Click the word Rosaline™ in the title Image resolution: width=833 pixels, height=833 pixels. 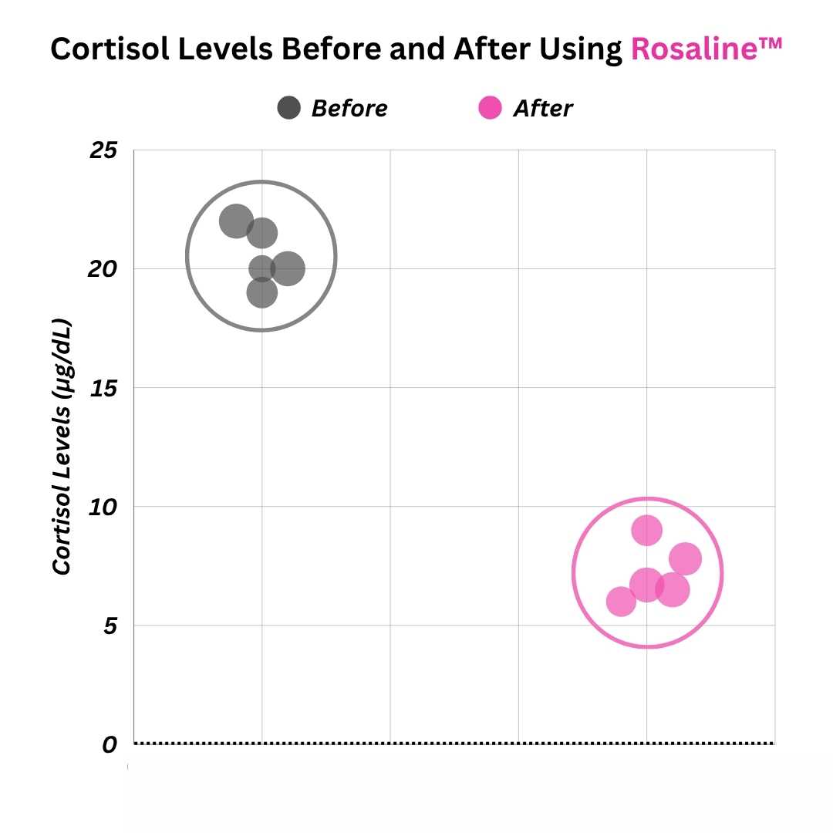[x=707, y=49]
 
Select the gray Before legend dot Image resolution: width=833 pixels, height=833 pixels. [x=288, y=108]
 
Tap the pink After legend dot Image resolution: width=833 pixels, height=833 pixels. [x=490, y=108]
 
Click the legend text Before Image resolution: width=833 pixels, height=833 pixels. [x=349, y=109]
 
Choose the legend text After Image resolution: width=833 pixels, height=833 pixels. [x=543, y=109]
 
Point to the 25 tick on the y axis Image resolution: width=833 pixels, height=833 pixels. [x=103, y=150]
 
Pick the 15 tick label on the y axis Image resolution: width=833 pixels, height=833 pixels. [x=103, y=388]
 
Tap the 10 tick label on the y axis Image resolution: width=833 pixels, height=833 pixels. [x=103, y=507]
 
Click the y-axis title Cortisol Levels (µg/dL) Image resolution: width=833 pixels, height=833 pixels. [x=62, y=447]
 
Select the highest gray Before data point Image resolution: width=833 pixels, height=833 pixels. [x=236, y=221]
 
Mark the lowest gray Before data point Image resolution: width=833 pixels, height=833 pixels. [x=262, y=292]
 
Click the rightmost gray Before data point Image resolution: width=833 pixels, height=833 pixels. [x=288, y=268]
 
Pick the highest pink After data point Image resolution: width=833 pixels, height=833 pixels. [x=647, y=531]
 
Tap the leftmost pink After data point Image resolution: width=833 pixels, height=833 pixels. [x=621, y=602]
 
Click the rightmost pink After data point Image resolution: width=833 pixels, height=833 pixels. [x=685, y=559]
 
